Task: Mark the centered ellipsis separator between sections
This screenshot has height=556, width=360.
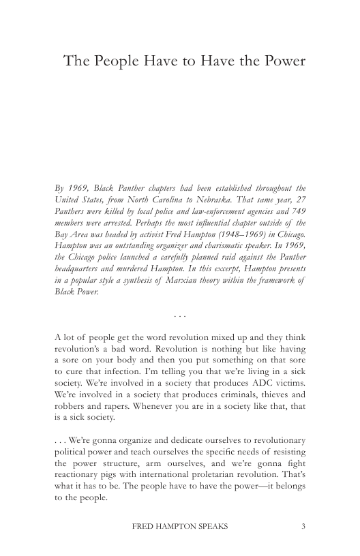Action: [x=180, y=315]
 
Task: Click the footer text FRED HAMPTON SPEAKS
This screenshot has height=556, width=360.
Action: [x=180, y=527]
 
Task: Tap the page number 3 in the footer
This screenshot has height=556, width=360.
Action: [x=303, y=527]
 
